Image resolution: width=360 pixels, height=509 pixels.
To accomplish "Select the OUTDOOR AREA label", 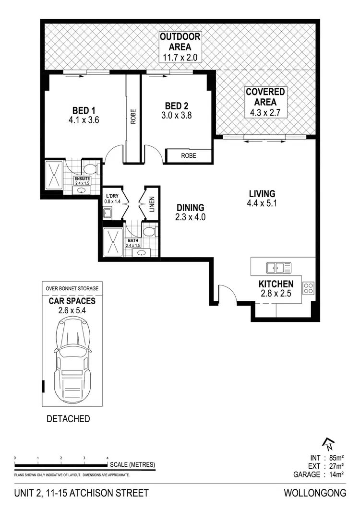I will click(x=180, y=42).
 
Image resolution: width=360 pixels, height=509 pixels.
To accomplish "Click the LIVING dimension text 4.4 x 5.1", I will click(x=262, y=203).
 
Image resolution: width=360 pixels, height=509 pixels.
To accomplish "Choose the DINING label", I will click(x=190, y=208).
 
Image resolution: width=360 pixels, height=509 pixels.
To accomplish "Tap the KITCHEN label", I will click(x=276, y=284).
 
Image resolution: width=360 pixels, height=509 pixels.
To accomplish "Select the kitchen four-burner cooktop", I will click(x=308, y=288).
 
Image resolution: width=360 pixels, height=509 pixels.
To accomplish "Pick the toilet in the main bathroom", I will click(x=149, y=232).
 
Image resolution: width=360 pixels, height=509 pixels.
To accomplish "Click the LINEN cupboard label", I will click(x=152, y=204).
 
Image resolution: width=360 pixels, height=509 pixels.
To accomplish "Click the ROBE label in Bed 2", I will click(x=188, y=156).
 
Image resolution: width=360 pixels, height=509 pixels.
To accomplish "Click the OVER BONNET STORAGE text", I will click(x=72, y=288).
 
